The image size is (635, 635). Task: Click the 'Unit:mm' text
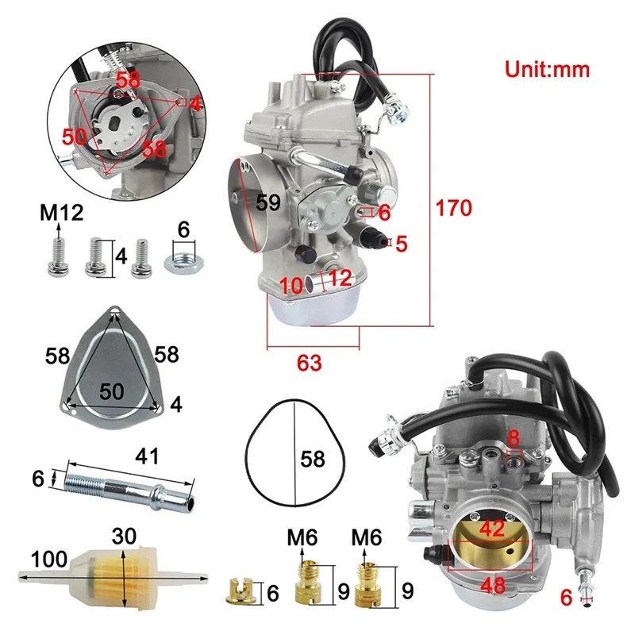click(547, 69)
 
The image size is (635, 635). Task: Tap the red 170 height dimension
click(455, 208)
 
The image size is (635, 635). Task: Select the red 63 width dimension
click(310, 363)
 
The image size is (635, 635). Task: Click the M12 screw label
click(62, 213)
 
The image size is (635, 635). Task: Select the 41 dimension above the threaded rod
click(148, 456)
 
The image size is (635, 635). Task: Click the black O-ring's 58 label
click(313, 459)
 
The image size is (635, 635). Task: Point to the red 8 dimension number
click(514, 437)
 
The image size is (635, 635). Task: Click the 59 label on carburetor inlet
click(268, 202)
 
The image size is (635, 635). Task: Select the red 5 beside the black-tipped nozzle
click(401, 244)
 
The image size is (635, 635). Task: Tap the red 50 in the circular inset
click(75, 136)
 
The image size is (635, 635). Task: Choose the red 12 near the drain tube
click(340, 278)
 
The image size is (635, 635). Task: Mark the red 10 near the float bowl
click(291, 284)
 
